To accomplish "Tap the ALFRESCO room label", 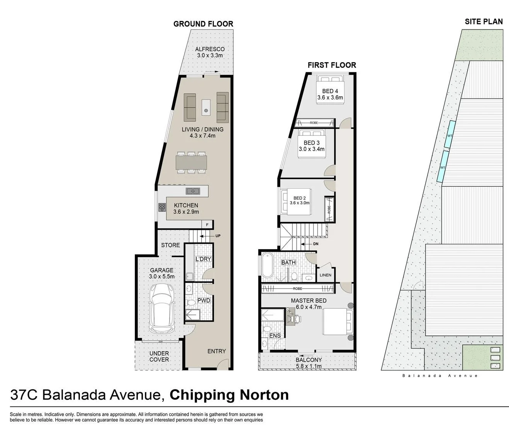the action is (210, 49).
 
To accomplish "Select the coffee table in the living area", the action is (206, 108).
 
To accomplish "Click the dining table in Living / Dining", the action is (192, 162).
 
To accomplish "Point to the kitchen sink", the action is (193, 191).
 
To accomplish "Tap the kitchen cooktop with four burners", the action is (162, 207).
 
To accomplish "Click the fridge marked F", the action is (207, 225).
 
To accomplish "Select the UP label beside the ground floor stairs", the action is (218, 236).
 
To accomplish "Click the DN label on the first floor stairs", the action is (316, 244).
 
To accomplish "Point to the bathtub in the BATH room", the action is (267, 265).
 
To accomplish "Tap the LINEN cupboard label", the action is (326, 275).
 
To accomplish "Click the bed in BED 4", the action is (330, 90).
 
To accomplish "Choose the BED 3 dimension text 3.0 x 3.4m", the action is (312, 149).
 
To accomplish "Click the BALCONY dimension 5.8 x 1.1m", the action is (309, 366).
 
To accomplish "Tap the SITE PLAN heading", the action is (484, 22).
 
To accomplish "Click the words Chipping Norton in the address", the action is (229, 395).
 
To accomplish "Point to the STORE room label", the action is (170, 245).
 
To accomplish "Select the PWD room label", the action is (204, 300).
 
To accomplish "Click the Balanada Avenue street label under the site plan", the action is (440, 376).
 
